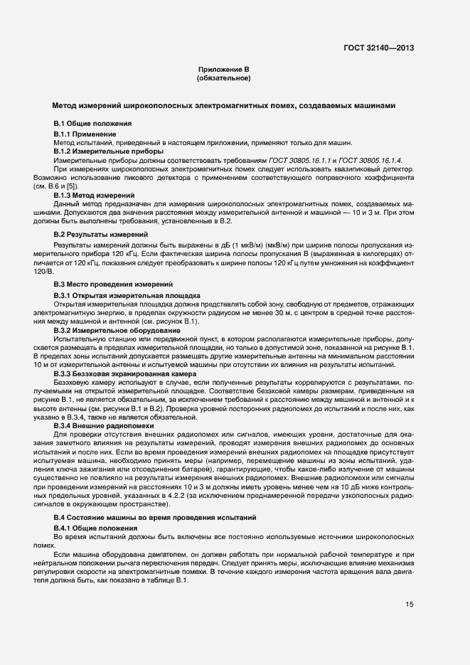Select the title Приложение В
223,70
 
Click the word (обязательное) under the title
223,78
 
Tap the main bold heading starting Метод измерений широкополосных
224,105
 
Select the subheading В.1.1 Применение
85,134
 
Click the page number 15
410,605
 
